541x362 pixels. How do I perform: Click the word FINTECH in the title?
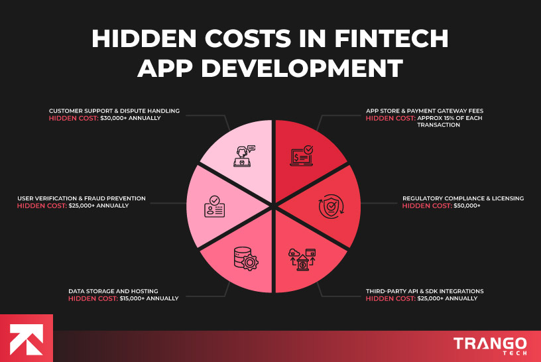click(392, 39)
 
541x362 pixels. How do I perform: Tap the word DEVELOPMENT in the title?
click(309, 68)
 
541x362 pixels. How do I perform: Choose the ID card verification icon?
click(214, 208)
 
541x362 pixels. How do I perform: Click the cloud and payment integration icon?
click(302, 259)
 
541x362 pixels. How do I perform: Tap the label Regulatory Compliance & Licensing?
click(463, 198)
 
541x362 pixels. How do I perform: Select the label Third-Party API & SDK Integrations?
click(425, 291)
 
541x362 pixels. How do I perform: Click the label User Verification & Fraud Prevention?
click(82, 198)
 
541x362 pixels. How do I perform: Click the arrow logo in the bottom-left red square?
click(27, 338)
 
